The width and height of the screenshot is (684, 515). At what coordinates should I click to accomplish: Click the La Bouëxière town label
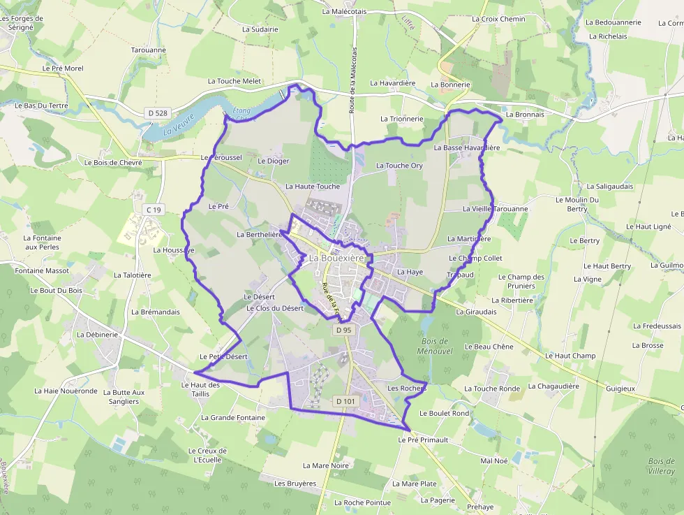pos(337,259)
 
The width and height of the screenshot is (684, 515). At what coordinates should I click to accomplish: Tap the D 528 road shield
pos(158,113)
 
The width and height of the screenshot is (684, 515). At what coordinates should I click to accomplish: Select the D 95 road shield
pos(343,330)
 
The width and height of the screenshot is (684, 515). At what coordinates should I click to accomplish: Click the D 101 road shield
pos(345,401)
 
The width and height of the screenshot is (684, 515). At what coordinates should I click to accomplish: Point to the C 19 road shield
pos(154,210)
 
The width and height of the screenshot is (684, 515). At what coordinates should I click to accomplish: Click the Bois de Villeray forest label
pos(661,466)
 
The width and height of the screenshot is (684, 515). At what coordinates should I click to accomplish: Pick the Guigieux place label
pos(620,388)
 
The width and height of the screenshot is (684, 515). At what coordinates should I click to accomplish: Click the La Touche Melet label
pos(235,81)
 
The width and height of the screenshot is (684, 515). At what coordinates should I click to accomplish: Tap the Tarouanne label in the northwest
pos(149,50)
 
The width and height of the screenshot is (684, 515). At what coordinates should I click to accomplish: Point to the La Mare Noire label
pos(326,465)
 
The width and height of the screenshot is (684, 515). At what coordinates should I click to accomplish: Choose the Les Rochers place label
pos(407,389)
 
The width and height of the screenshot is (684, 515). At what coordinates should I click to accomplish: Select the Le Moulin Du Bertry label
pos(577,204)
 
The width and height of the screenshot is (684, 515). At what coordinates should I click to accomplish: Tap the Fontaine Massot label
pos(43,270)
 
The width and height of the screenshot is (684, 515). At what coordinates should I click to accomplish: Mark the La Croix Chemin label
pos(498,19)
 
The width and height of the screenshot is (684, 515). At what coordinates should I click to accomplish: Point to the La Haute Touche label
pos(313,187)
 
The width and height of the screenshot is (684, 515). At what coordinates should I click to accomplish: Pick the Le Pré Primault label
pos(423,440)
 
